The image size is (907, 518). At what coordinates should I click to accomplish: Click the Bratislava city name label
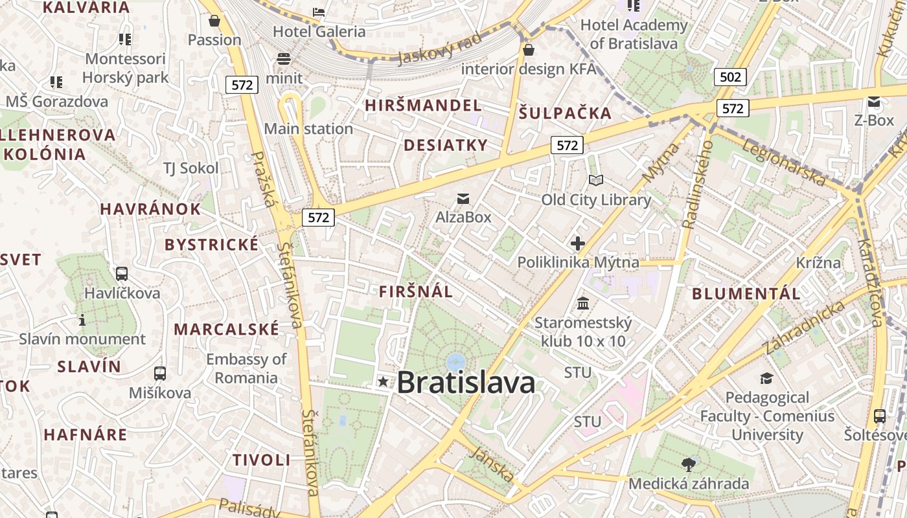coord(466,382)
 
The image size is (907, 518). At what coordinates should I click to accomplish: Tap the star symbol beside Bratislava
coord(384,382)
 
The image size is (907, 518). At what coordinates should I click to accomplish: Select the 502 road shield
coord(730,77)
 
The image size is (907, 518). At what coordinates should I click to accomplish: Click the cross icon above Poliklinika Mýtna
coord(577,243)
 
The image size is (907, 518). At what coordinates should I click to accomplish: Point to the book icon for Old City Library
coord(596,181)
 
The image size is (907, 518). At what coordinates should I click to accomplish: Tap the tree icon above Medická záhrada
coord(688,464)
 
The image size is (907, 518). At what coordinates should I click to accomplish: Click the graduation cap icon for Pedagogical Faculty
coord(767,378)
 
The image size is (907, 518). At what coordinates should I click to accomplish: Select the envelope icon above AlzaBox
coord(463,198)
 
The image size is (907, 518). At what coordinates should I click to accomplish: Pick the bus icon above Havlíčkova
coord(121,274)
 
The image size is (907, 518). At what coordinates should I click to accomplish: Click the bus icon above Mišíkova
coord(159,374)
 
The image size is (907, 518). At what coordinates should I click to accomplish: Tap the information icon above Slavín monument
coord(82,320)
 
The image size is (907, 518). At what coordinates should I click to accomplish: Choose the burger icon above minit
coord(283,59)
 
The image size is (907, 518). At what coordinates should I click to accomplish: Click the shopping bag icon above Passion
coord(214,21)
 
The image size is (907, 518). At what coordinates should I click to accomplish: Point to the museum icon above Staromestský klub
coord(582,303)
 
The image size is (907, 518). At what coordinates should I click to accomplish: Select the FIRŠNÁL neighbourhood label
coord(416,291)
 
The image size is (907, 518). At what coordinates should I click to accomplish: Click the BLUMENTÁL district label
coord(746,293)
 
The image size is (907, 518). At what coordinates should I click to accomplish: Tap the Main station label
coord(308,128)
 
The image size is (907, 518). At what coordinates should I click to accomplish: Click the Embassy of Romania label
coord(246,368)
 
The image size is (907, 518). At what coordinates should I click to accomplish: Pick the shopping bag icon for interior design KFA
coord(529,49)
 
